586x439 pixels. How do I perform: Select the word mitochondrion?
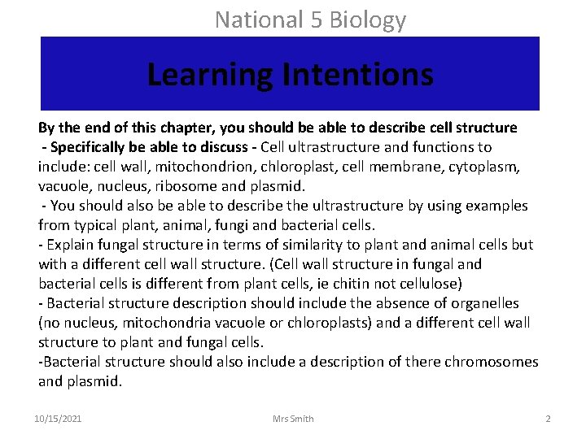(208, 167)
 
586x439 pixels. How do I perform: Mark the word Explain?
(70, 245)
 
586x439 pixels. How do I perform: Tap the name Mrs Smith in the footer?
(293, 419)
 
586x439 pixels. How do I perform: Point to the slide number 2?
(548, 419)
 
